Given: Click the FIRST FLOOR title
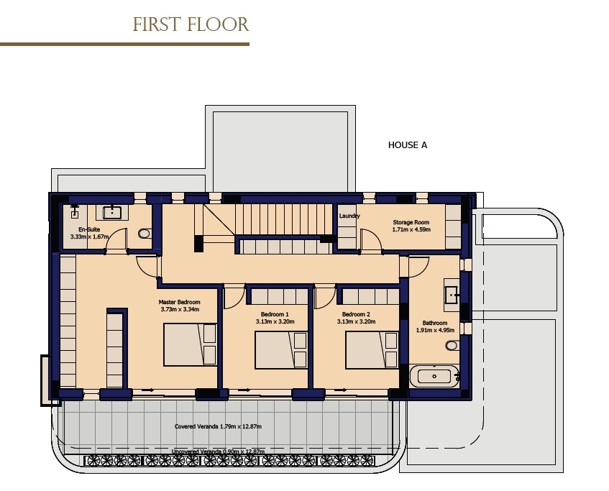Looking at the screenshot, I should (191, 25).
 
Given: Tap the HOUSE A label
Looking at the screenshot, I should (408, 145).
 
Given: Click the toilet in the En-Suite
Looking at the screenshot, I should (145, 233).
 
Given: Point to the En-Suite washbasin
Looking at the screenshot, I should (113, 212).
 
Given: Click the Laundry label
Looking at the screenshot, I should (349, 216).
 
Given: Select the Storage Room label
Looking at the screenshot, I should (411, 223).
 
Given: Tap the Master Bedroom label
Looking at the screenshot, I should (179, 302).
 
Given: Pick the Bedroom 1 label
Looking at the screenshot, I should (275, 314).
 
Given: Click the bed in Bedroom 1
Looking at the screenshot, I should (280, 349).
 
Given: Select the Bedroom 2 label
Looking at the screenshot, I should (356, 314).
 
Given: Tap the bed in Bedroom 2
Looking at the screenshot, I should (371, 349).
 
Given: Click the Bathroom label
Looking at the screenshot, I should (435, 323).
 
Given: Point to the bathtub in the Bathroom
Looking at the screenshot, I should (434, 375).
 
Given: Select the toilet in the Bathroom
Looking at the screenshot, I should (452, 346).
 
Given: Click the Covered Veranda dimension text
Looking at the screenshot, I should (218, 426).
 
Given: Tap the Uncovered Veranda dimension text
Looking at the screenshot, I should (218, 451).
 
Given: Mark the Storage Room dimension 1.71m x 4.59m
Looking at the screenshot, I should (411, 230).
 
